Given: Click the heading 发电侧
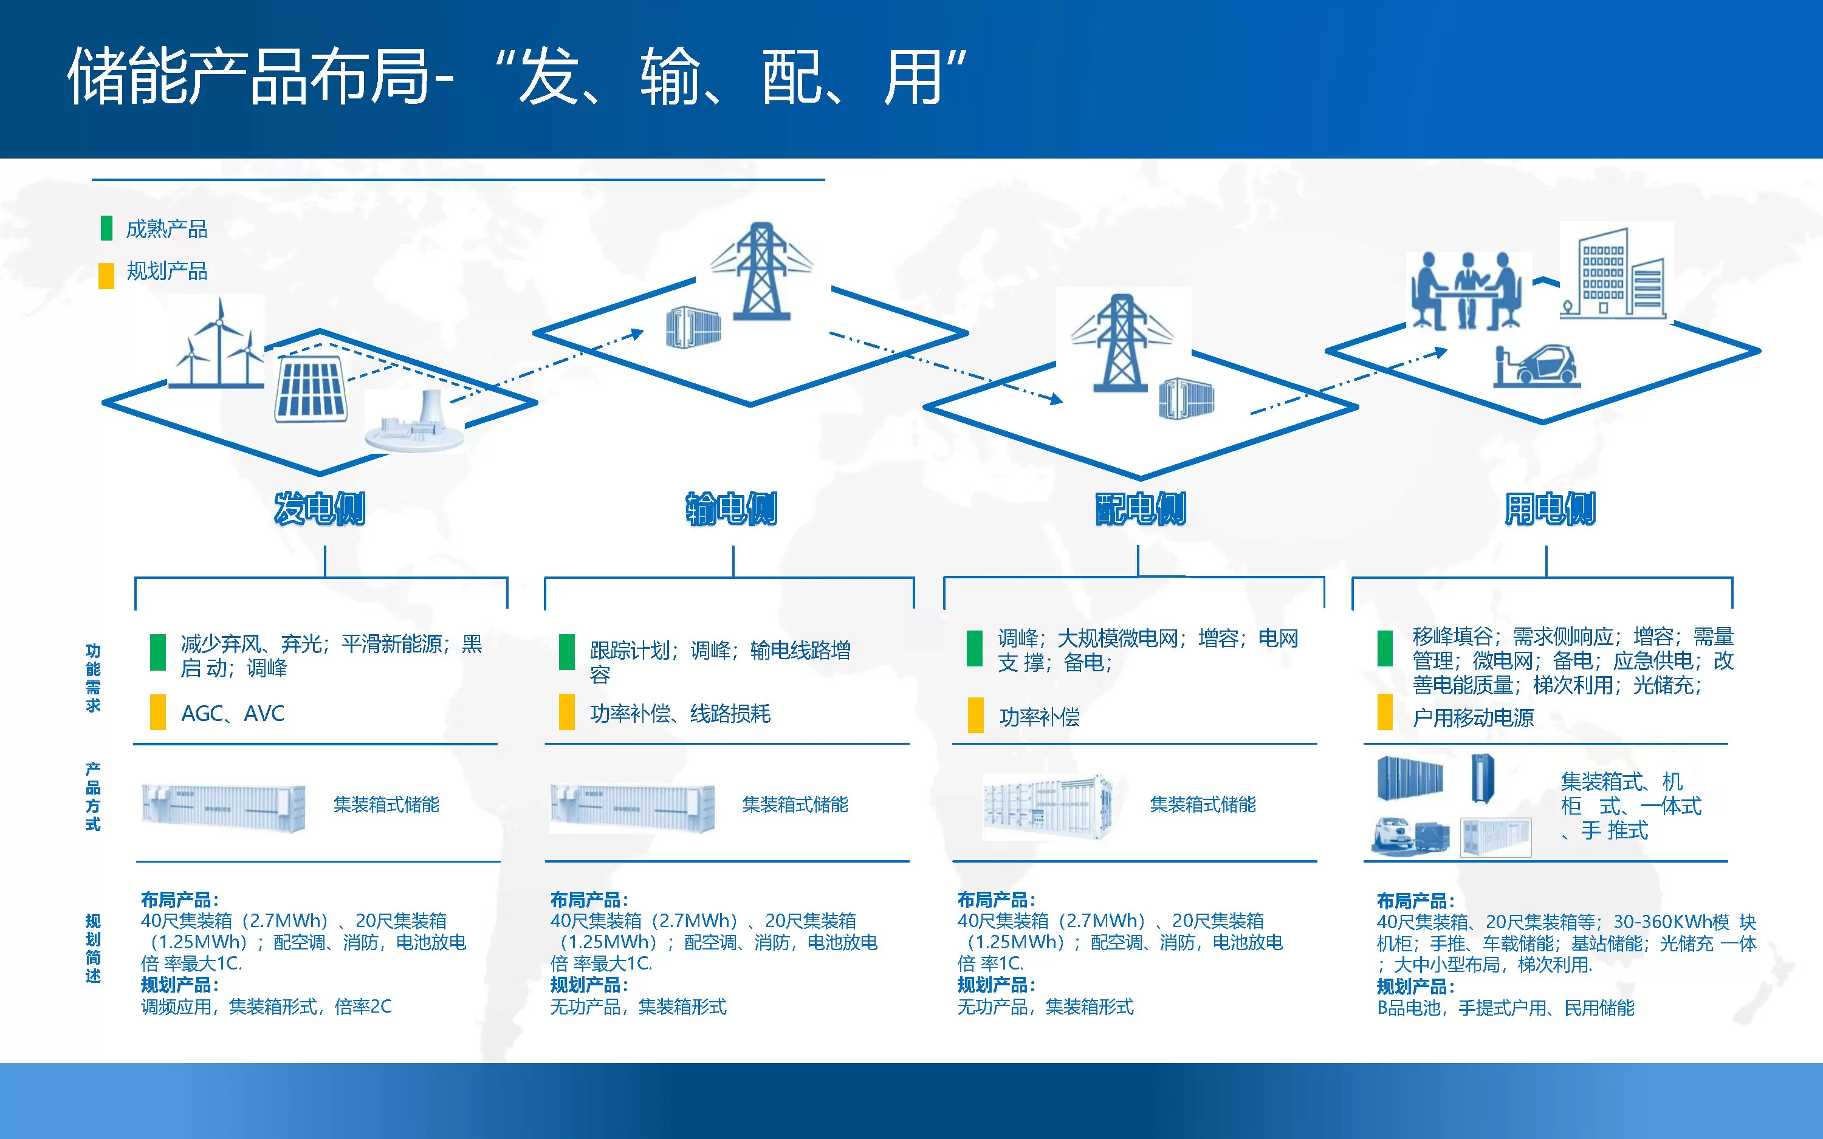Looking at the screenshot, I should coord(320,508).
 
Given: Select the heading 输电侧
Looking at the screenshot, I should coord(730,508).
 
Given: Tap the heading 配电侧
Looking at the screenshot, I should coord(1140,508).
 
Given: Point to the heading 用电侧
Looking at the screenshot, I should coord(1550,508).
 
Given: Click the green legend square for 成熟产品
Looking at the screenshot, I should coord(106,228).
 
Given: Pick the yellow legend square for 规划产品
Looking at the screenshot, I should coord(106,275).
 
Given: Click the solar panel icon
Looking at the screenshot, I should coord(311,388).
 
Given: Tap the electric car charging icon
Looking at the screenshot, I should coord(1537,366).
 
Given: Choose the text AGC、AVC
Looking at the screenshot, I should coord(233,713).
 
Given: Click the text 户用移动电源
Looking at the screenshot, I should coord(1473,717).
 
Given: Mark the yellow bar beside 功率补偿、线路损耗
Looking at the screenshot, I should coord(566,713).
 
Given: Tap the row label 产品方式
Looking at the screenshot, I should coord(92,796).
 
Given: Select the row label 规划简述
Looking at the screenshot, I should coord(92,948).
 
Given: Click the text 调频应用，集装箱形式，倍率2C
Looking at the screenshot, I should coord(266,1007).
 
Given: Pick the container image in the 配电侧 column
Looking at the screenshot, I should coord(1048,806).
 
